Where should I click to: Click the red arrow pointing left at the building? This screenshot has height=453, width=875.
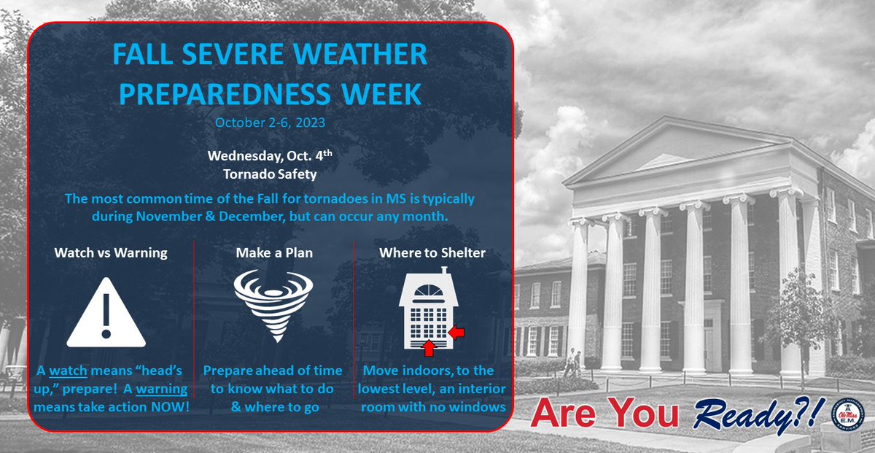[456, 332]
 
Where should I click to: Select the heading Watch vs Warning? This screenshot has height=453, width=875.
[111, 253]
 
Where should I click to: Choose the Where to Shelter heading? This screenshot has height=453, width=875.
[432, 253]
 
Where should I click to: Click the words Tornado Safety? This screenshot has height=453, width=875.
[271, 174]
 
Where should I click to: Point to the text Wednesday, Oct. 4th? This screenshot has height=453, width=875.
[270, 156]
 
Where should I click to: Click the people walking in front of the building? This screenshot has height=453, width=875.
[571, 363]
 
